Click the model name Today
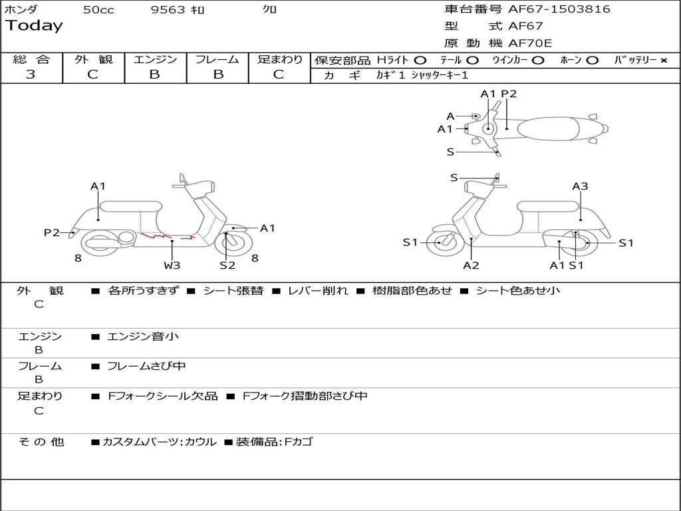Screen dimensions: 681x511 34,26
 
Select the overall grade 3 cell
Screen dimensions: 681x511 31,75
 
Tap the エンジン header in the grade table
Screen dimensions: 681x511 155,59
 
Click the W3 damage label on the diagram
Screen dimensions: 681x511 172,265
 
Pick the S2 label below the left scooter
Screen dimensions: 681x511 227,265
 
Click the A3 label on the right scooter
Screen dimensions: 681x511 580,186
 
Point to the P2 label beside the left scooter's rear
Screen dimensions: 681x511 52,232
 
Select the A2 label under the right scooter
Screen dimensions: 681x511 471,265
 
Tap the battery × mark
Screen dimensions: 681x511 663,60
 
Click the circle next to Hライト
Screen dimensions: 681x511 420,60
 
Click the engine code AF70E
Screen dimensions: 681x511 530,43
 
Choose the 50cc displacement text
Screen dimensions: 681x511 98,10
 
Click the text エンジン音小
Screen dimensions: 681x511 143,337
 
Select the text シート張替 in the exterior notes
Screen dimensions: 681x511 233,291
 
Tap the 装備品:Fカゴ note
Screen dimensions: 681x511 274,442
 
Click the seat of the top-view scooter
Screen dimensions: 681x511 552,128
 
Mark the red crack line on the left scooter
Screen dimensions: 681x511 166,236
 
